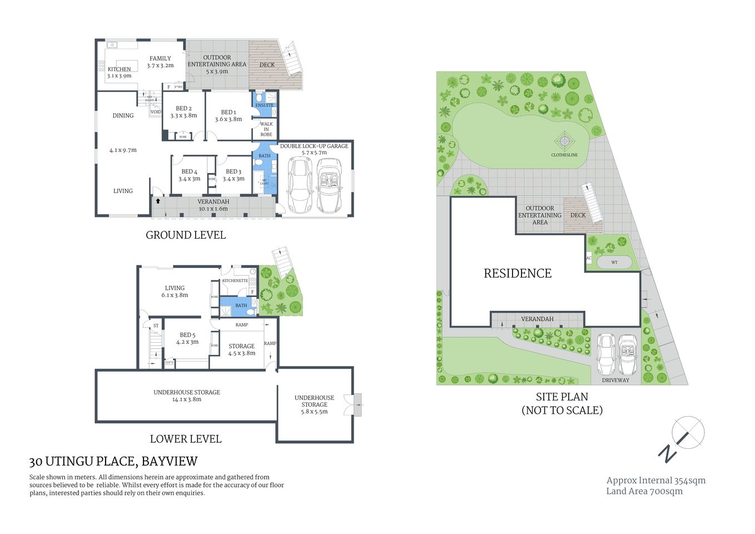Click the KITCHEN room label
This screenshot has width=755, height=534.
(x=120, y=70)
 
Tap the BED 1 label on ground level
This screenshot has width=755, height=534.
(x=229, y=112)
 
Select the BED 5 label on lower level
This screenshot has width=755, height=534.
(x=187, y=335)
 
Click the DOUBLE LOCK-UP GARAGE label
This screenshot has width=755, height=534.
(x=314, y=146)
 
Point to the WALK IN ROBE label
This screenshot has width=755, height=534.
(x=266, y=129)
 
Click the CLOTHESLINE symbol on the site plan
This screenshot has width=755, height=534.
(x=564, y=141)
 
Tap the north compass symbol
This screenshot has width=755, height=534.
(x=688, y=433)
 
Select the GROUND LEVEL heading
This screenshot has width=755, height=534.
(x=186, y=235)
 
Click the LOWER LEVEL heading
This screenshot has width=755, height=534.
(x=186, y=439)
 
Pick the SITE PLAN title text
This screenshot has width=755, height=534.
(x=562, y=397)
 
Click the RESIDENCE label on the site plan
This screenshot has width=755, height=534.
(x=518, y=273)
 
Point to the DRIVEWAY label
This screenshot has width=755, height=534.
(x=615, y=380)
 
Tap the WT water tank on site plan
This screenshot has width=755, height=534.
(x=614, y=262)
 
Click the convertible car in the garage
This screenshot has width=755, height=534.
(x=330, y=185)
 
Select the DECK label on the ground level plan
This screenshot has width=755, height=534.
(x=267, y=65)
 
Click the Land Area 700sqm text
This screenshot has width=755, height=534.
(x=644, y=491)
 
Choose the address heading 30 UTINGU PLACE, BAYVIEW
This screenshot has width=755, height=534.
(x=113, y=461)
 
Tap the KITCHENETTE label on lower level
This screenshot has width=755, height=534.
(x=235, y=281)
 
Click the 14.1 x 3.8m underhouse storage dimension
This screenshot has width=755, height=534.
(x=187, y=399)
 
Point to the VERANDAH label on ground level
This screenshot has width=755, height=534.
(x=213, y=202)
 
